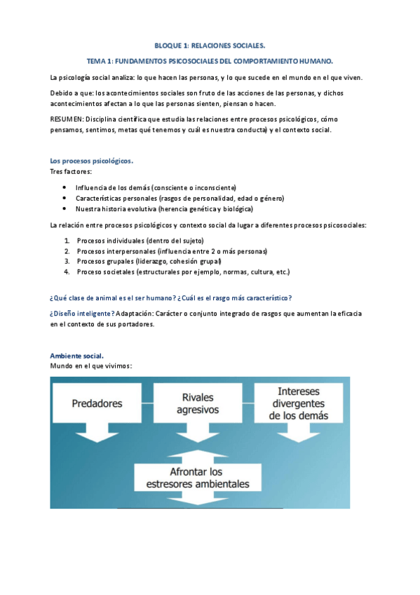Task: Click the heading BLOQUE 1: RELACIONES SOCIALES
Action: [x=210, y=45]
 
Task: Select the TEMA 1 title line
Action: [x=210, y=61]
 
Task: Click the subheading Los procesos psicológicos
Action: [x=91, y=161]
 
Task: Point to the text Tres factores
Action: [x=70, y=171]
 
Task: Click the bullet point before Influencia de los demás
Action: [x=65, y=187]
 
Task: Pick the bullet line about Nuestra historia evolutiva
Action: [x=164, y=208]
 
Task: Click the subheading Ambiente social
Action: [x=77, y=356]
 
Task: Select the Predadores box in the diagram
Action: [x=97, y=403]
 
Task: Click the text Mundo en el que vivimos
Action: [x=91, y=366]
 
